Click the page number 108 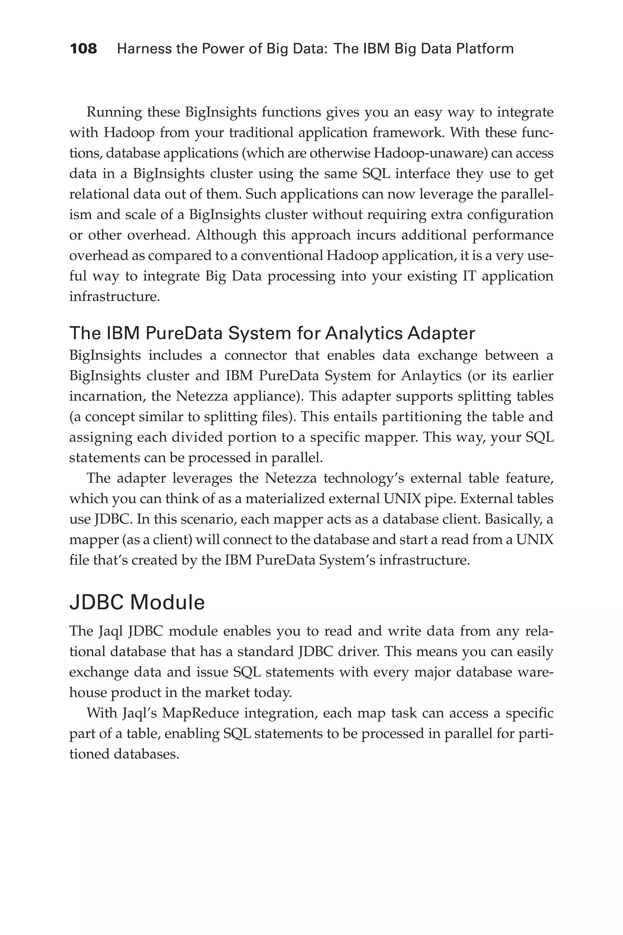coord(83,49)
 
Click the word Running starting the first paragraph coord(114,113)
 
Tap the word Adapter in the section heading coord(440,333)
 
